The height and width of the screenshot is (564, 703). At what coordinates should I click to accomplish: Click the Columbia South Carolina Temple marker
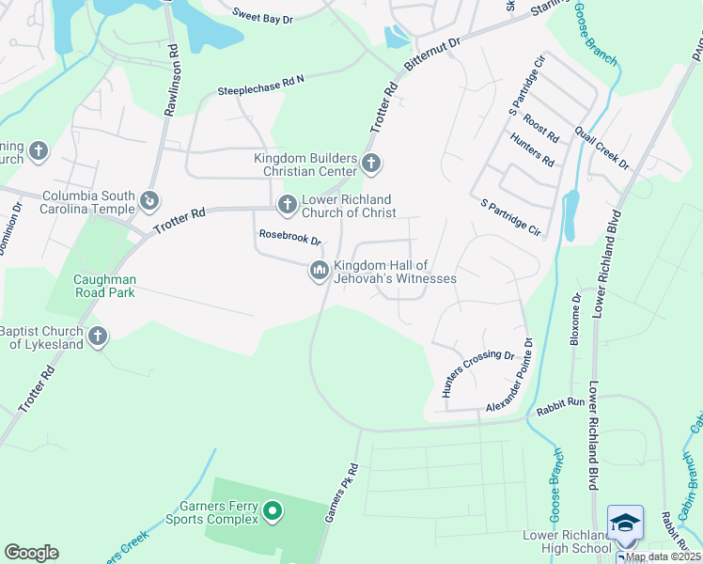(148, 200)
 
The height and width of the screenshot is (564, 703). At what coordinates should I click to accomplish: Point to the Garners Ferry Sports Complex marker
(273, 511)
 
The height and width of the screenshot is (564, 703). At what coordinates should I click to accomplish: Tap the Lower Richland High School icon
(625, 521)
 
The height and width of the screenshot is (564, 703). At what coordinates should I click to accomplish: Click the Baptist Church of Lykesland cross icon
(97, 337)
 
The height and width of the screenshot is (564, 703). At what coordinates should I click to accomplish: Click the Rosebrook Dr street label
(290, 241)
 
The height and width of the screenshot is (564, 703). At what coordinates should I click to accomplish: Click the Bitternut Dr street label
(432, 57)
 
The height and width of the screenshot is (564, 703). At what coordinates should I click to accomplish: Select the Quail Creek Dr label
(601, 148)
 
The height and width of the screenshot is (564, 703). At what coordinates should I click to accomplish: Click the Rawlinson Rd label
(172, 80)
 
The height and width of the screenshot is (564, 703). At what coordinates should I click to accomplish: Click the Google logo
(31, 553)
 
